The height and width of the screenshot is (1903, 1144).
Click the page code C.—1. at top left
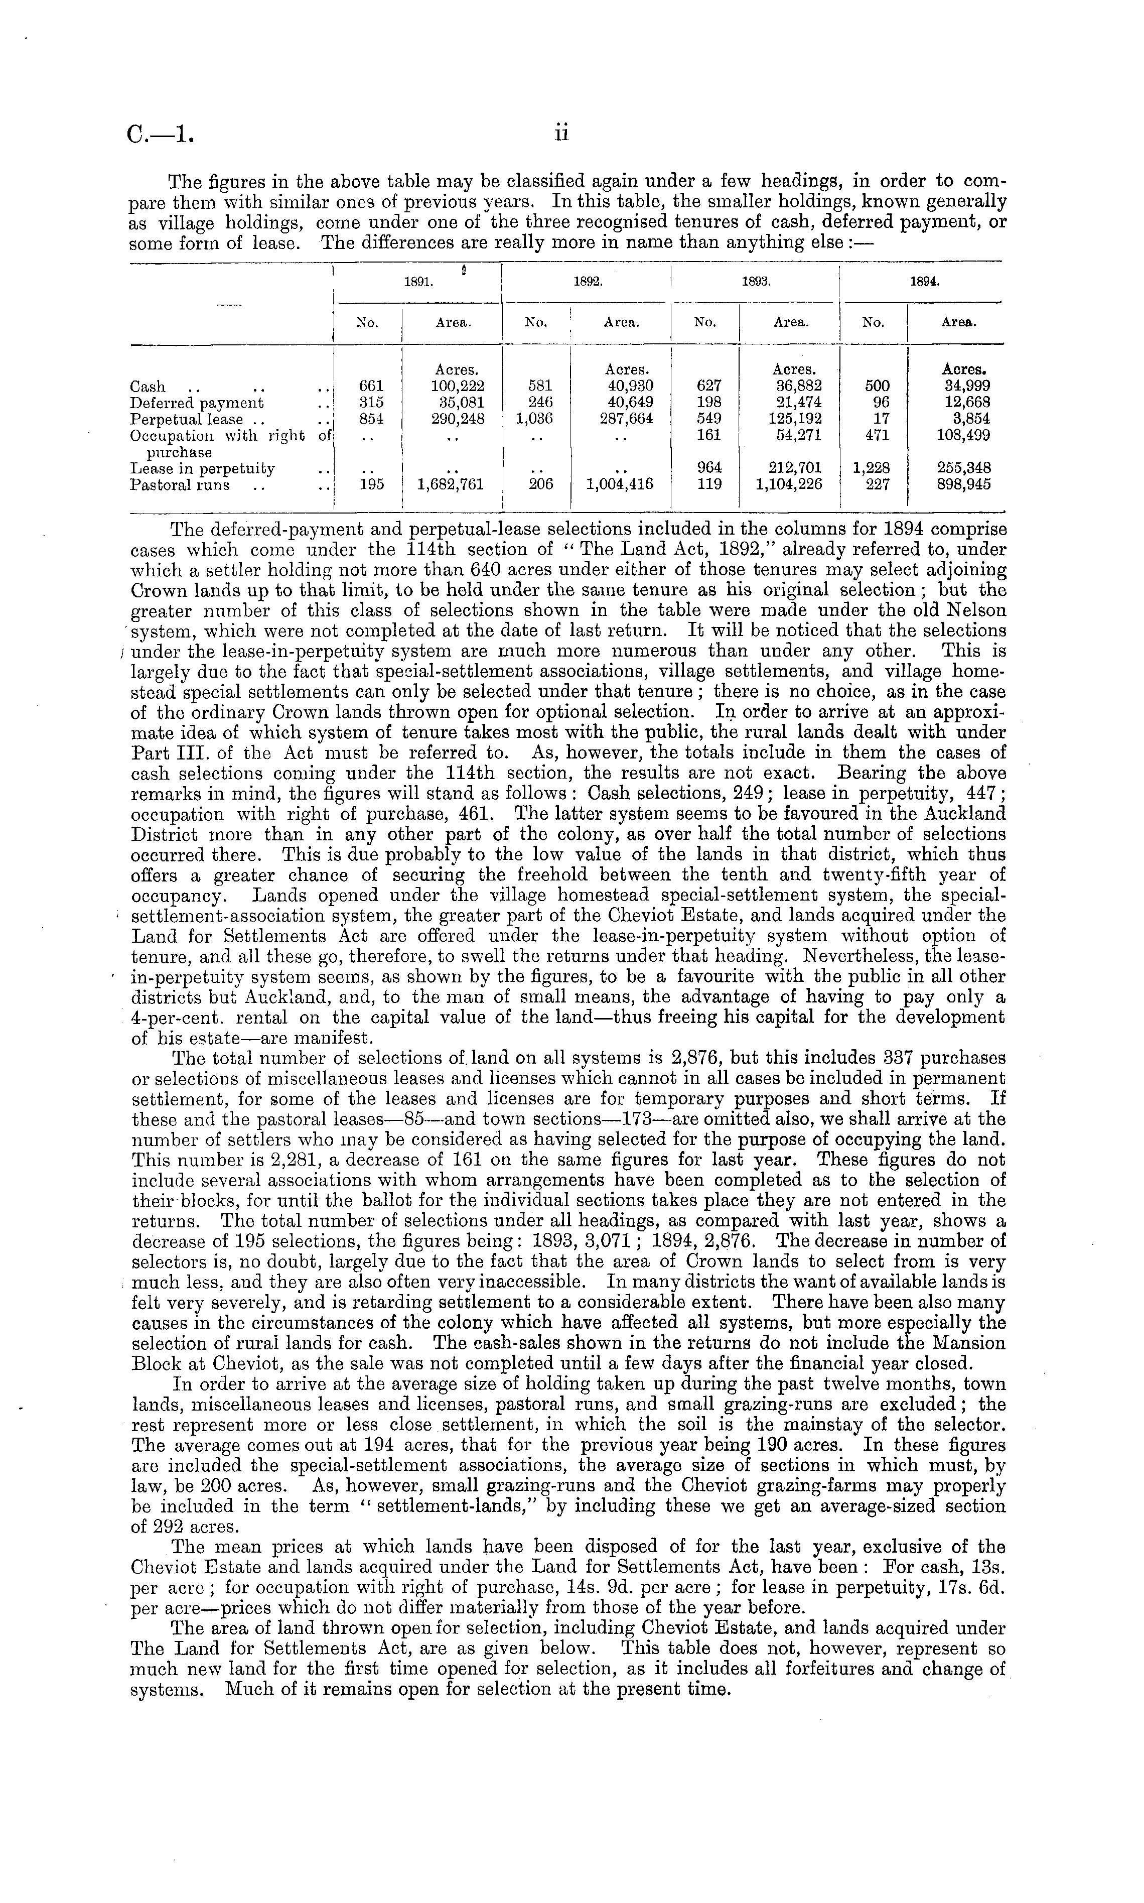(x=161, y=137)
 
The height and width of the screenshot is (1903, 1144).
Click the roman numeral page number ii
(x=560, y=135)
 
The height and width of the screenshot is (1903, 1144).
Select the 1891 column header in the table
(x=417, y=282)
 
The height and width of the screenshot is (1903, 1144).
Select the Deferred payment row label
(x=197, y=403)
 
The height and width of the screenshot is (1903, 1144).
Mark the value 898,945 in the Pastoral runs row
(x=960, y=485)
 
